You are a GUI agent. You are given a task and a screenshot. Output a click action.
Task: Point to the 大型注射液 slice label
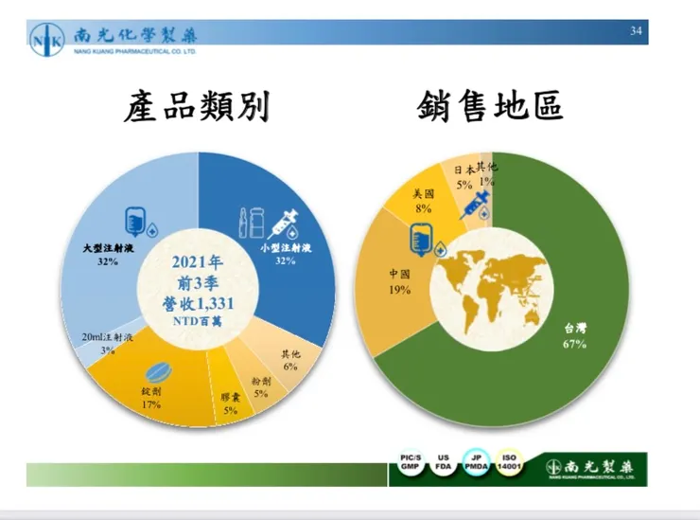[x=107, y=254]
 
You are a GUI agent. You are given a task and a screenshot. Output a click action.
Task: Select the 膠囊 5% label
[x=231, y=403]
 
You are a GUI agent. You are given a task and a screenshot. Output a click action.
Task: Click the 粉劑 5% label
[x=261, y=386]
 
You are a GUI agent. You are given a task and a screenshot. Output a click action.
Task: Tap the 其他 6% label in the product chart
[x=289, y=360]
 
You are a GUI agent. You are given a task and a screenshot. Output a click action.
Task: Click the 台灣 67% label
[x=575, y=335]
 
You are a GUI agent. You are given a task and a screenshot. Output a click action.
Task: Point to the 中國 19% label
[x=398, y=281]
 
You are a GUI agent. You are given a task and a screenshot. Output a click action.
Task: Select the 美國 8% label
[x=423, y=201]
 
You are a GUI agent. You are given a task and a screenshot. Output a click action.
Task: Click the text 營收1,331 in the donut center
[x=198, y=303]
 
